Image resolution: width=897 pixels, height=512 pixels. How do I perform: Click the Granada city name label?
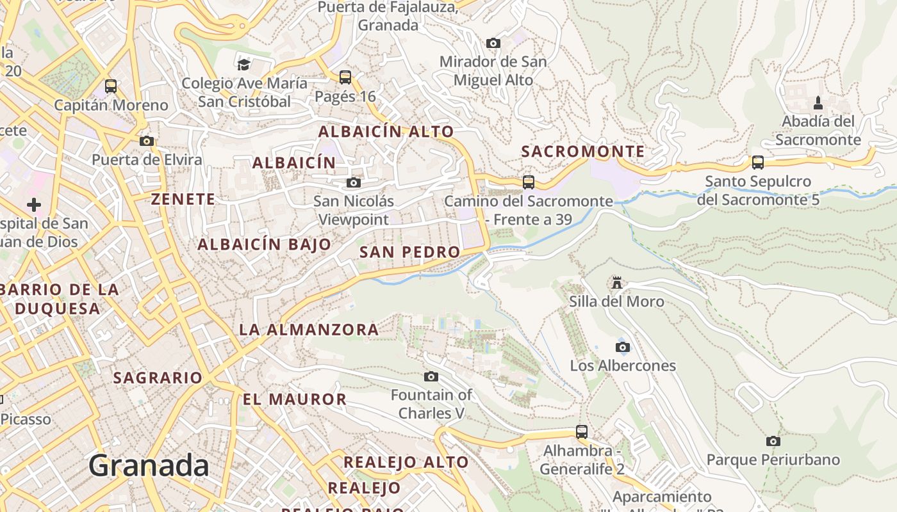tap(149, 465)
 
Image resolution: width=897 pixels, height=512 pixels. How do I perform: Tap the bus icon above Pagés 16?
tap(345, 77)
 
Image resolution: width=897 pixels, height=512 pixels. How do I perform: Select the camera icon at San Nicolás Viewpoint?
tap(353, 182)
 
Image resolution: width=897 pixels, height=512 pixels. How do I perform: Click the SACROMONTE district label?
tap(582, 152)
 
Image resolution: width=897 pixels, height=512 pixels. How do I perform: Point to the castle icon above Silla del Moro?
tap(617, 282)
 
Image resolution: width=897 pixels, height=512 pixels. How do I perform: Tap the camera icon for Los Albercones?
tap(622, 347)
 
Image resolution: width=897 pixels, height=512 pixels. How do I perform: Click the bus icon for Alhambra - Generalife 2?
tap(582, 432)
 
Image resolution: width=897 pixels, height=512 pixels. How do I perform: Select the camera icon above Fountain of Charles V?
tap(431, 376)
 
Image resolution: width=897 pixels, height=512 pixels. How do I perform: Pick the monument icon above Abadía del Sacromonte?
tap(818, 102)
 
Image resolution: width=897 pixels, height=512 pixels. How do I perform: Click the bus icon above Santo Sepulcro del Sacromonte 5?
tap(758, 163)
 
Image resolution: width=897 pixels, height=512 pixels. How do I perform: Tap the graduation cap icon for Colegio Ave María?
tap(243, 65)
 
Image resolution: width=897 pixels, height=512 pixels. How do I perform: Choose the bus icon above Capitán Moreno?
tap(111, 86)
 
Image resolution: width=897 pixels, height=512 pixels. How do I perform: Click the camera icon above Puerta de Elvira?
tap(147, 141)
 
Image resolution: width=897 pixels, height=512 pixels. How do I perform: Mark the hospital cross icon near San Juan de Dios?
tap(34, 205)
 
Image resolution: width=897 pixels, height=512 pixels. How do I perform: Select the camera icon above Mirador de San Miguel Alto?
tap(493, 43)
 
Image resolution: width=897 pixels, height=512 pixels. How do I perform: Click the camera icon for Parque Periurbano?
tap(773, 441)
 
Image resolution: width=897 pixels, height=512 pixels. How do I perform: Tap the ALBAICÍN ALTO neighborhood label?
tap(386, 132)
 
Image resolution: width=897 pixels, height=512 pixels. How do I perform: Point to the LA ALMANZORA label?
tap(309, 330)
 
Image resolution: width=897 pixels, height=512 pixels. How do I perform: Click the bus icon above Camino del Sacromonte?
tap(529, 182)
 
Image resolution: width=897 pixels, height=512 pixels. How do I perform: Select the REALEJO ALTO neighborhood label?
tap(406, 462)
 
